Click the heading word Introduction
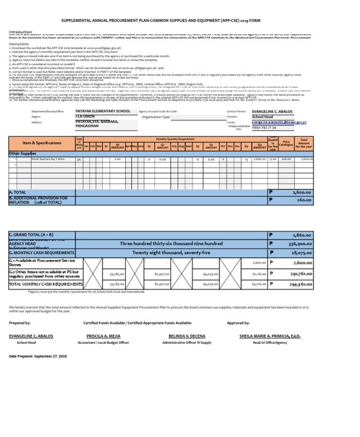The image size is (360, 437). point(21,31)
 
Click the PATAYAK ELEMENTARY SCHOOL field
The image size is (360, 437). point(103,112)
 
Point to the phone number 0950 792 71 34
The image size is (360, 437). point(264,127)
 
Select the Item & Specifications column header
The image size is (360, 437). point(42,143)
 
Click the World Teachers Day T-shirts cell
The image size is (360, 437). point(48,159)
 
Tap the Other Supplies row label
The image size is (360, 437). point(22,153)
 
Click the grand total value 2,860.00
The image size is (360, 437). point(301,234)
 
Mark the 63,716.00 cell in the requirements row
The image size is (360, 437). point(259,284)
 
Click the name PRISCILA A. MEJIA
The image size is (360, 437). point(102,336)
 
